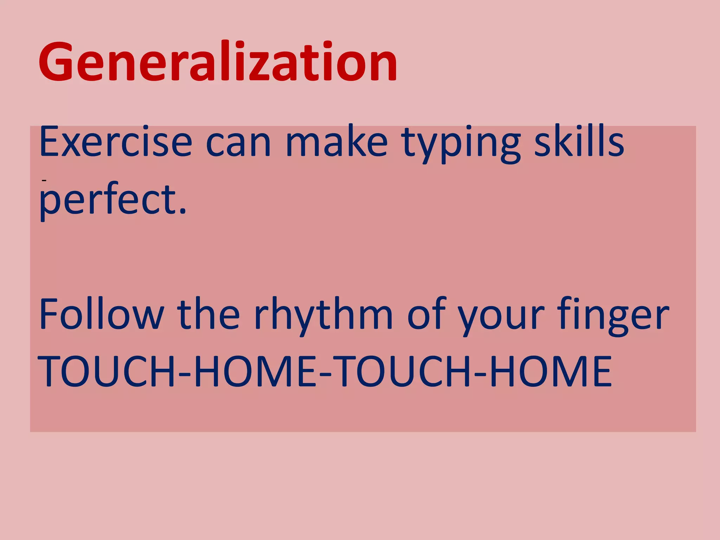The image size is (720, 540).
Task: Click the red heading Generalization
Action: click(x=218, y=63)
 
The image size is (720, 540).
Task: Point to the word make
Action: click(x=337, y=142)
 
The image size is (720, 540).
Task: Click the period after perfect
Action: click(x=182, y=211)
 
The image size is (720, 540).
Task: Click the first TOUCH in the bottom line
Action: click(x=107, y=372)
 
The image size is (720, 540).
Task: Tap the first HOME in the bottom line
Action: click(x=256, y=372)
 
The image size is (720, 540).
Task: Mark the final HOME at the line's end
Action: click(x=551, y=372)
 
